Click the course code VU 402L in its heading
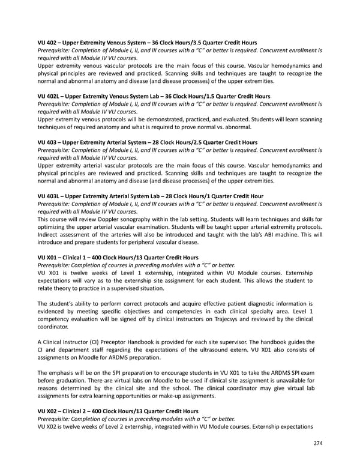(x=50, y=96)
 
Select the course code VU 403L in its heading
(x=50, y=196)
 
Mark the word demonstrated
(x=172, y=119)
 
